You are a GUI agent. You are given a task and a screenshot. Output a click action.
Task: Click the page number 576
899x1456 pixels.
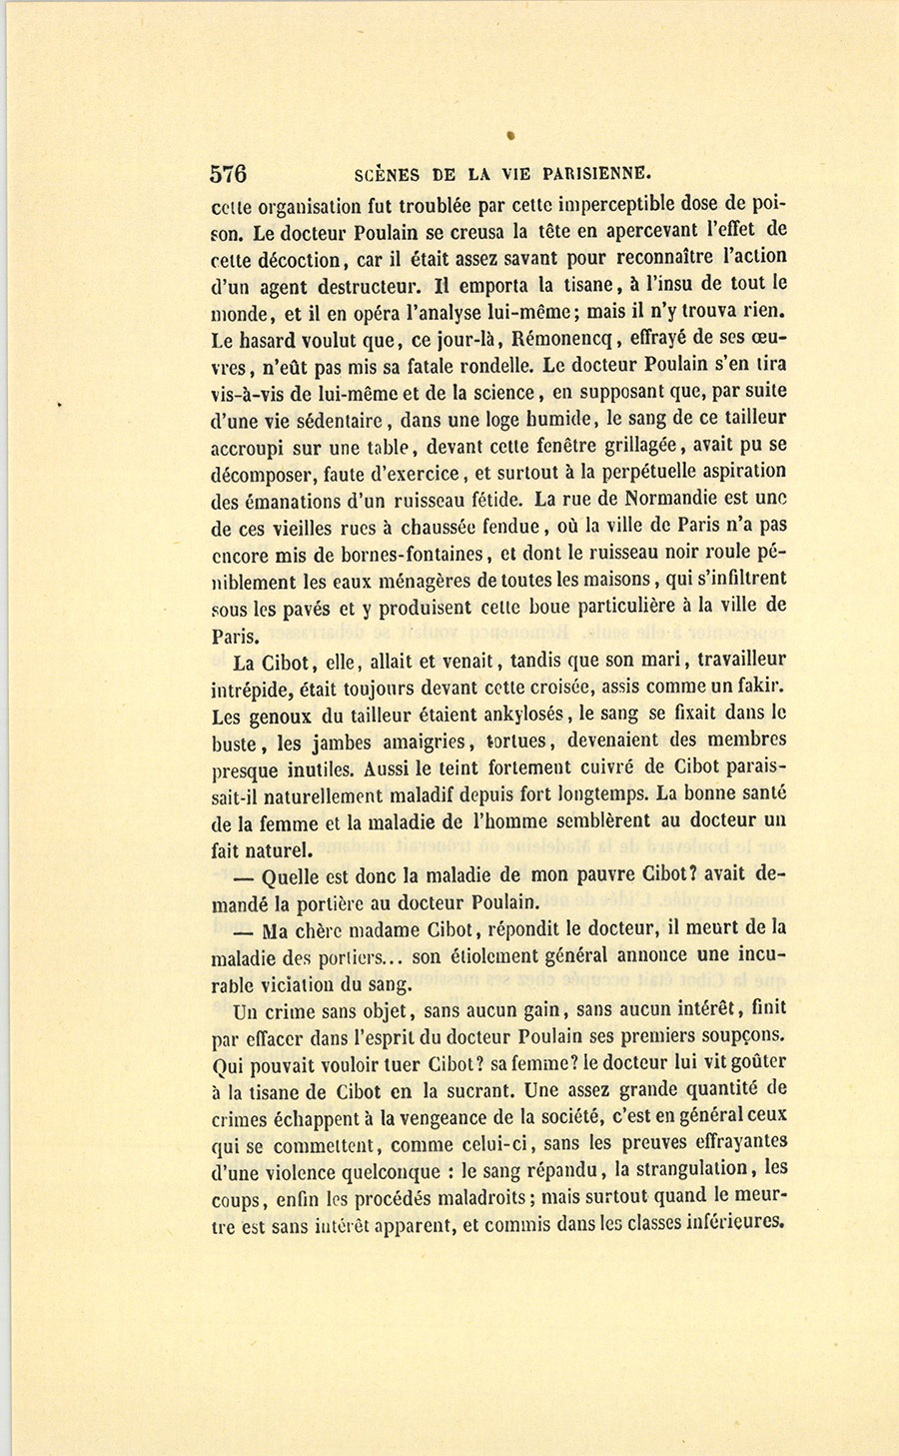(x=228, y=173)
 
